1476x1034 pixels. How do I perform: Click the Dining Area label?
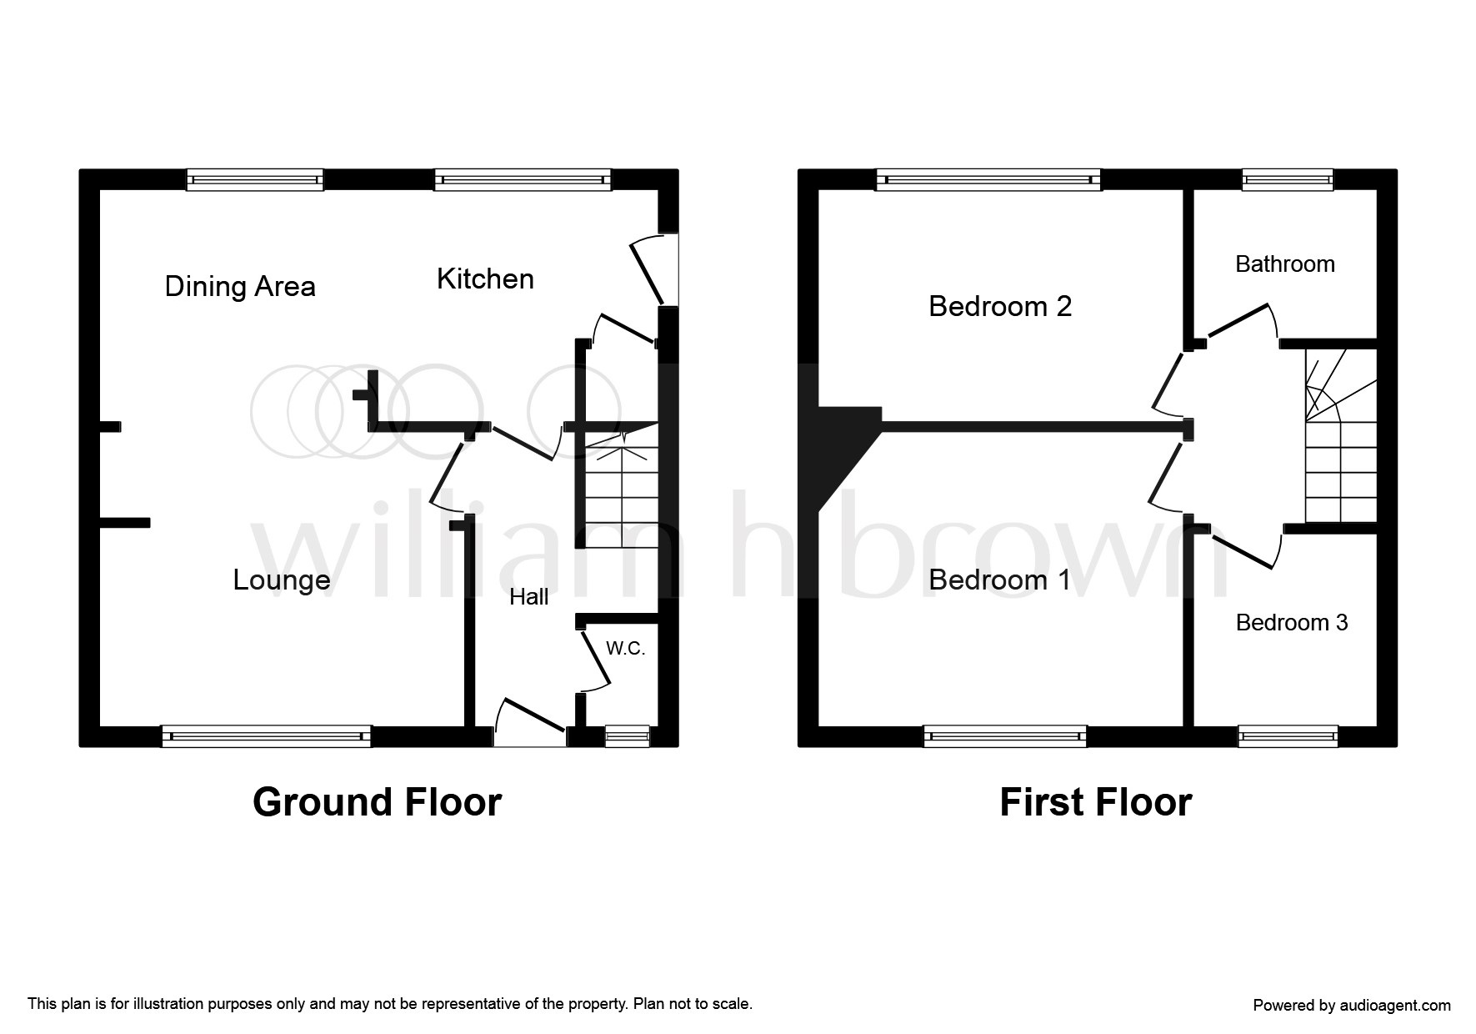[x=240, y=287]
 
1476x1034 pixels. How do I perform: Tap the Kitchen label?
[x=485, y=279]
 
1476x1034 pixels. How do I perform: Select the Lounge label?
[x=282, y=580]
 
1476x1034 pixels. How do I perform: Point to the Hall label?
[x=529, y=596]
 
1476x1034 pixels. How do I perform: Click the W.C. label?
[x=625, y=648]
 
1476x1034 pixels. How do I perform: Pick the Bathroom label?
[x=1285, y=264]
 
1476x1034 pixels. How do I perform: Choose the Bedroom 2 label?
[x=1000, y=307]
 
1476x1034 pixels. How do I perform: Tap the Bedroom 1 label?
[x=999, y=580]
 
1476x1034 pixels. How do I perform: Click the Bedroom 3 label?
[x=1292, y=623]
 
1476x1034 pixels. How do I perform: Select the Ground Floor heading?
[x=377, y=802]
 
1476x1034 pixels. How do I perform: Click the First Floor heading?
[x=1095, y=802]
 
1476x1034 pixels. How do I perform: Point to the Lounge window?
[x=267, y=735]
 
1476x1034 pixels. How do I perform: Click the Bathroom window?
[x=1288, y=179]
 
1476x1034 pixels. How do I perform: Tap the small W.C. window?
[x=627, y=735]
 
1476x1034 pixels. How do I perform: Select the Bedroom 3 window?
[x=1288, y=735]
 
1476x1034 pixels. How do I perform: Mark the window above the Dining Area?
[x=255, y=179]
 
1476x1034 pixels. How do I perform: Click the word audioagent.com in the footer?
[x=1395, y=1006]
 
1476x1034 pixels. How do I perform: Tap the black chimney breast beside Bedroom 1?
[x=840, y=446]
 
